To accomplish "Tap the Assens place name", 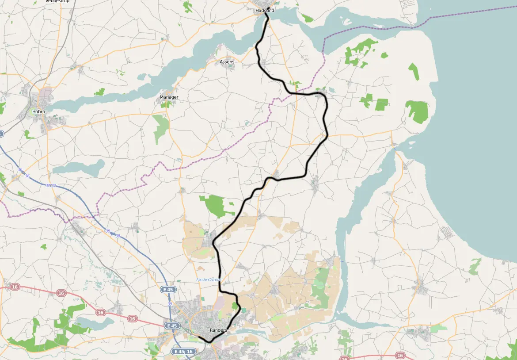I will tap(227, 62).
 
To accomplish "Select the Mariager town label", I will tap(169, 97).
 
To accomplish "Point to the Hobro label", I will tap(38, 111).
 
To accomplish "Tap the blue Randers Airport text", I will tap(209, 280).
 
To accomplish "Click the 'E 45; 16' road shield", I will tap(183, 352).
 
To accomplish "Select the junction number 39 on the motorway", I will tap(170, 304).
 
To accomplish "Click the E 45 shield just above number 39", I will tap(168, 290).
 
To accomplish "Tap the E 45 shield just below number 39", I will tap(172, 326).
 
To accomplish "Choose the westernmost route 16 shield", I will tap(15, 287).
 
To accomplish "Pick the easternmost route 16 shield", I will tap(400, 355).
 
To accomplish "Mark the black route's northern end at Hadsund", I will tap(266, 13).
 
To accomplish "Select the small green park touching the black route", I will tap(235, 305).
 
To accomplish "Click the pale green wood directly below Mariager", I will tap(161, 128).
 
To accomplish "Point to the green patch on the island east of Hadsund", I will tap(307, 18).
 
